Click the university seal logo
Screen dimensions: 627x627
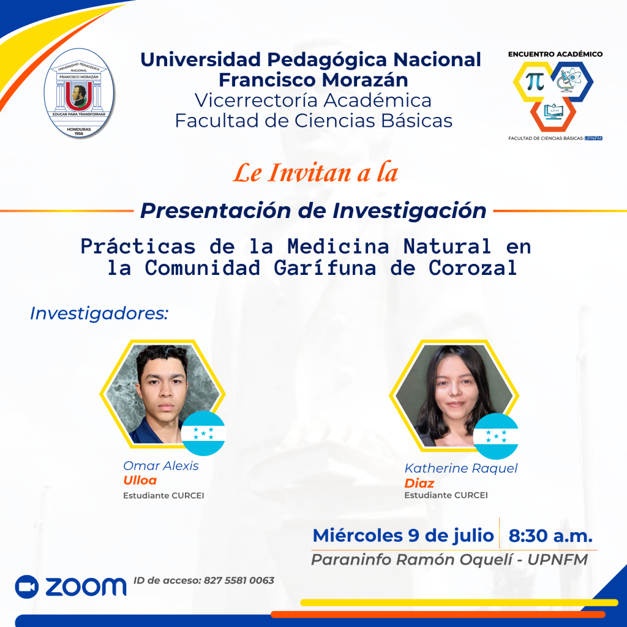coord(79,93)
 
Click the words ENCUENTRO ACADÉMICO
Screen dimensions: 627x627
coord(555,54)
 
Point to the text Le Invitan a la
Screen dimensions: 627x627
coord(315,173)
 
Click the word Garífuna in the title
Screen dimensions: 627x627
coord(325,269)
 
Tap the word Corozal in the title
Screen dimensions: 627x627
coord(473,268)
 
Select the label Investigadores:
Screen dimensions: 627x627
coord(99,313)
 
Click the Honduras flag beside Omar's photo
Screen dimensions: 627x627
coord(203,433)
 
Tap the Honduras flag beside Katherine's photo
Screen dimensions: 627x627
coord(496,436)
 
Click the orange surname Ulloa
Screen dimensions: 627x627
coord(140,480)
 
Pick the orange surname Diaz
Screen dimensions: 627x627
coord(419,484)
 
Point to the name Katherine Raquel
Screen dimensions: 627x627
coord(460,468)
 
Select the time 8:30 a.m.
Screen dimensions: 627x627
coord(550,536)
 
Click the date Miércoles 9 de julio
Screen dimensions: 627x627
coord(403,536)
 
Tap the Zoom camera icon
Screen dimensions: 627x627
coord(27,587)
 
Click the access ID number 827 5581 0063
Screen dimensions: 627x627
coord(239,580)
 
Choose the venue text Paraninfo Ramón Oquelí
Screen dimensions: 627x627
coord(411,560)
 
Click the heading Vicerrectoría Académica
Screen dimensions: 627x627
coord(313,100)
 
